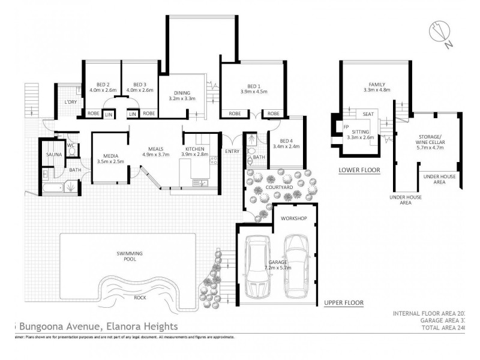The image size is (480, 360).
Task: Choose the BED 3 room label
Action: tap(140, 85)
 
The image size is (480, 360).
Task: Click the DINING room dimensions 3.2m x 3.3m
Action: tap(182, 98)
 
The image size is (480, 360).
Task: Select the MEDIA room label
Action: tap(110, 155)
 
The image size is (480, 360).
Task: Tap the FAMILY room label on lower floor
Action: tap(377, 85)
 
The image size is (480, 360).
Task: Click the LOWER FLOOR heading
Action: tap(360, 170)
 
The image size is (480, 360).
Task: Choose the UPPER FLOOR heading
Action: tap(343, 302)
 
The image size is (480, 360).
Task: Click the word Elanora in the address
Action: tap(127, 326)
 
